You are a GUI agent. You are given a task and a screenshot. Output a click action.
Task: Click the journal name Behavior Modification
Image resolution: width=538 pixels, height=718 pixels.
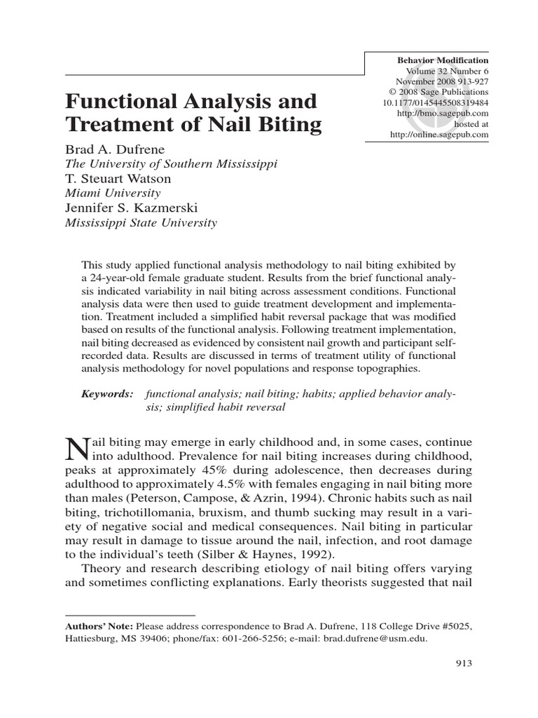[x=442, y=61]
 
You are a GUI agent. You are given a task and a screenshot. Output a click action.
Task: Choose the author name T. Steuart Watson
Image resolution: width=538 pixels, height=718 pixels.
[x=118, y=178]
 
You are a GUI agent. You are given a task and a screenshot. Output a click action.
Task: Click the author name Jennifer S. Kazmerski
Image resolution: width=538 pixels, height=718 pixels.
[x=128, y=208]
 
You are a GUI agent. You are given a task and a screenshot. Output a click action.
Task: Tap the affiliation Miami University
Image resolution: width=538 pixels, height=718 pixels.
[x=113, y=193]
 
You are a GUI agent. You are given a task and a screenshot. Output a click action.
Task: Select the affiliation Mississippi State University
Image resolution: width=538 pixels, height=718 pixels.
[x=141, y=223]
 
